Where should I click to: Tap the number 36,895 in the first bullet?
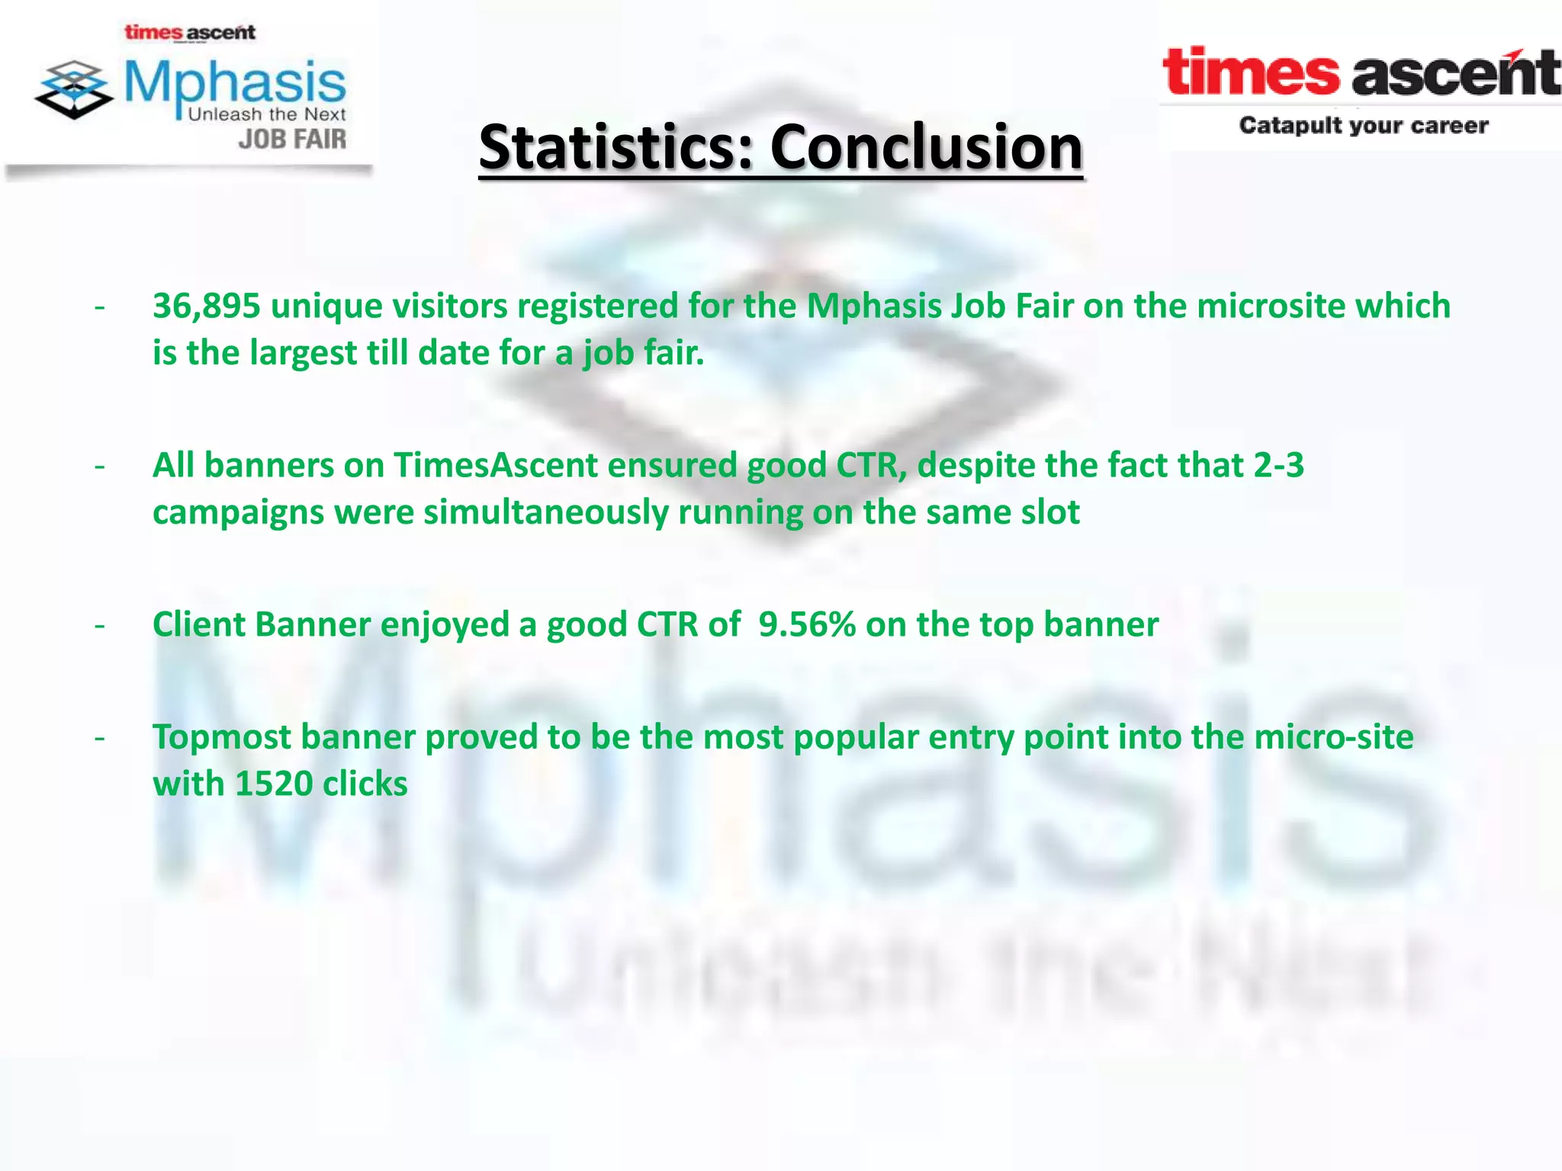point(207,306)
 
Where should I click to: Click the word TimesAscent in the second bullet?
point(496,465)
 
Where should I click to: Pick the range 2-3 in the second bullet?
point(1279,465)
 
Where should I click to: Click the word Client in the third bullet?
point(199,624)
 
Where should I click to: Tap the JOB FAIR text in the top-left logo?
point(292,140)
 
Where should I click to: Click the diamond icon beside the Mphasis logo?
point(74,89)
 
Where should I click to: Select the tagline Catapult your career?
point(1364,126)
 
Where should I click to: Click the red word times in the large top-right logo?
point(1251,72)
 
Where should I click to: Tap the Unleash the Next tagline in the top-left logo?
point(267,114)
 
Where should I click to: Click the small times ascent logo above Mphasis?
point(190,33)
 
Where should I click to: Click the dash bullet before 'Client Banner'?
point(99,626)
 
